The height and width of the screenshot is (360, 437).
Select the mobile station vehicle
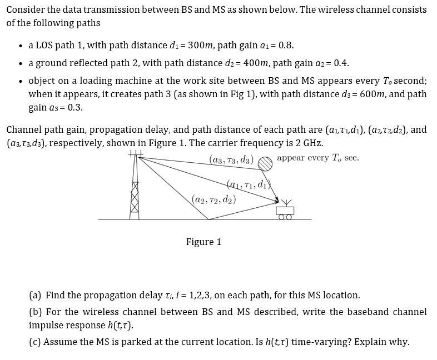click(x=285, y=212)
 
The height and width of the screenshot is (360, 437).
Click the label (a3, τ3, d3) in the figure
click(x=231, y=160)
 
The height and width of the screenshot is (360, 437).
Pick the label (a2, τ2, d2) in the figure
click(x=213, y=198)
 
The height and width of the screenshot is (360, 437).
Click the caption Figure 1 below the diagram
click(x=203, y=242)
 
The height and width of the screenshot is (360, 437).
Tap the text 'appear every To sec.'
click(x=318, y=158)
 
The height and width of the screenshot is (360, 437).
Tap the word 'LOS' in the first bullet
click(x=46, y=45)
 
